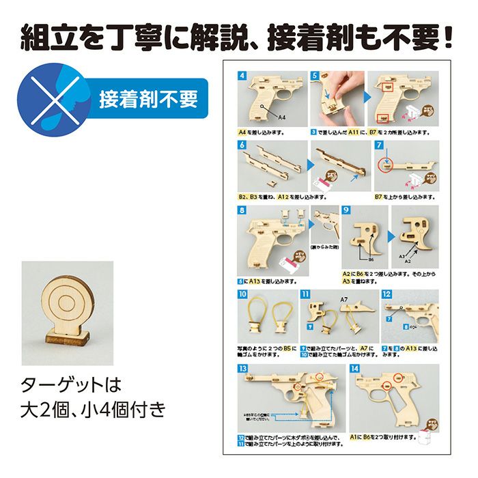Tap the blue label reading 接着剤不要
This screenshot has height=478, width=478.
click(x=148, y=100)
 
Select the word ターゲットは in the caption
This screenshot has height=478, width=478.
click(x=71, y=382)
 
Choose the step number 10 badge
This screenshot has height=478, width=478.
click(x=243, y=294)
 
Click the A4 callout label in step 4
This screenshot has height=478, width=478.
click(x=281, y=117)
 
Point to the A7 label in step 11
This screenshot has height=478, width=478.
click(x=344, y=299)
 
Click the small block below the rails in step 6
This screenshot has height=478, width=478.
click(x=271, y=184)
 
